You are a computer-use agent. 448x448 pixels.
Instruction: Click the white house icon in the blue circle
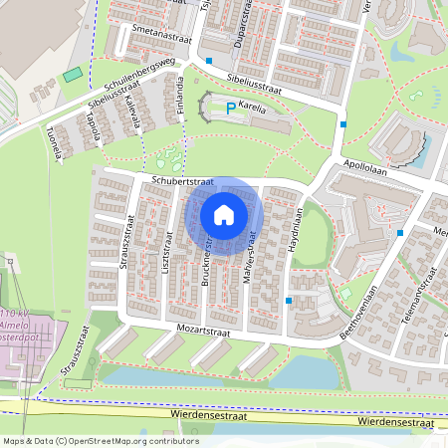coord(224,214)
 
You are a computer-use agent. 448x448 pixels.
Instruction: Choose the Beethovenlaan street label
coord(355,313)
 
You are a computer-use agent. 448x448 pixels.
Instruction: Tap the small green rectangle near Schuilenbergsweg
coord(71,76)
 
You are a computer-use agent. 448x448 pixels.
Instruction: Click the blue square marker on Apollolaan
coord(343,124)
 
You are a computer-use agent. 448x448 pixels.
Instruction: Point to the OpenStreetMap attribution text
coord(101,441)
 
